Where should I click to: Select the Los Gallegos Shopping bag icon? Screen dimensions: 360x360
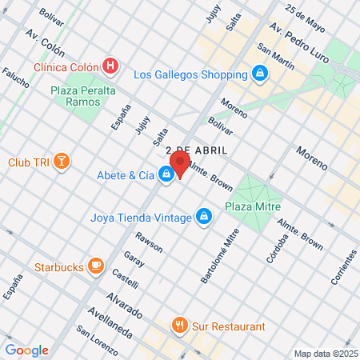259,75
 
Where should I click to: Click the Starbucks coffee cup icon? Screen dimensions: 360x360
96,265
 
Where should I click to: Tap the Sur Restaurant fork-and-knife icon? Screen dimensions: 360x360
180,326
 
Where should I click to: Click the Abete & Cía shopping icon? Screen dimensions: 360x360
166,173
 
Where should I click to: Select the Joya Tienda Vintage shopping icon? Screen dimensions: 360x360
204,216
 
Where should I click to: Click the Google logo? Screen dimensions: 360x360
26,350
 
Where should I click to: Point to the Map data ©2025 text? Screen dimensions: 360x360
324,354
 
